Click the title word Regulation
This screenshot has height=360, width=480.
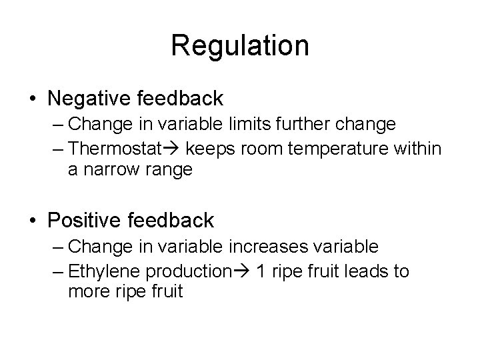coord(240,46)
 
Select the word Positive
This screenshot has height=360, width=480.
coord(90,220)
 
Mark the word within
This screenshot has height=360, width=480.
coord(417,148)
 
